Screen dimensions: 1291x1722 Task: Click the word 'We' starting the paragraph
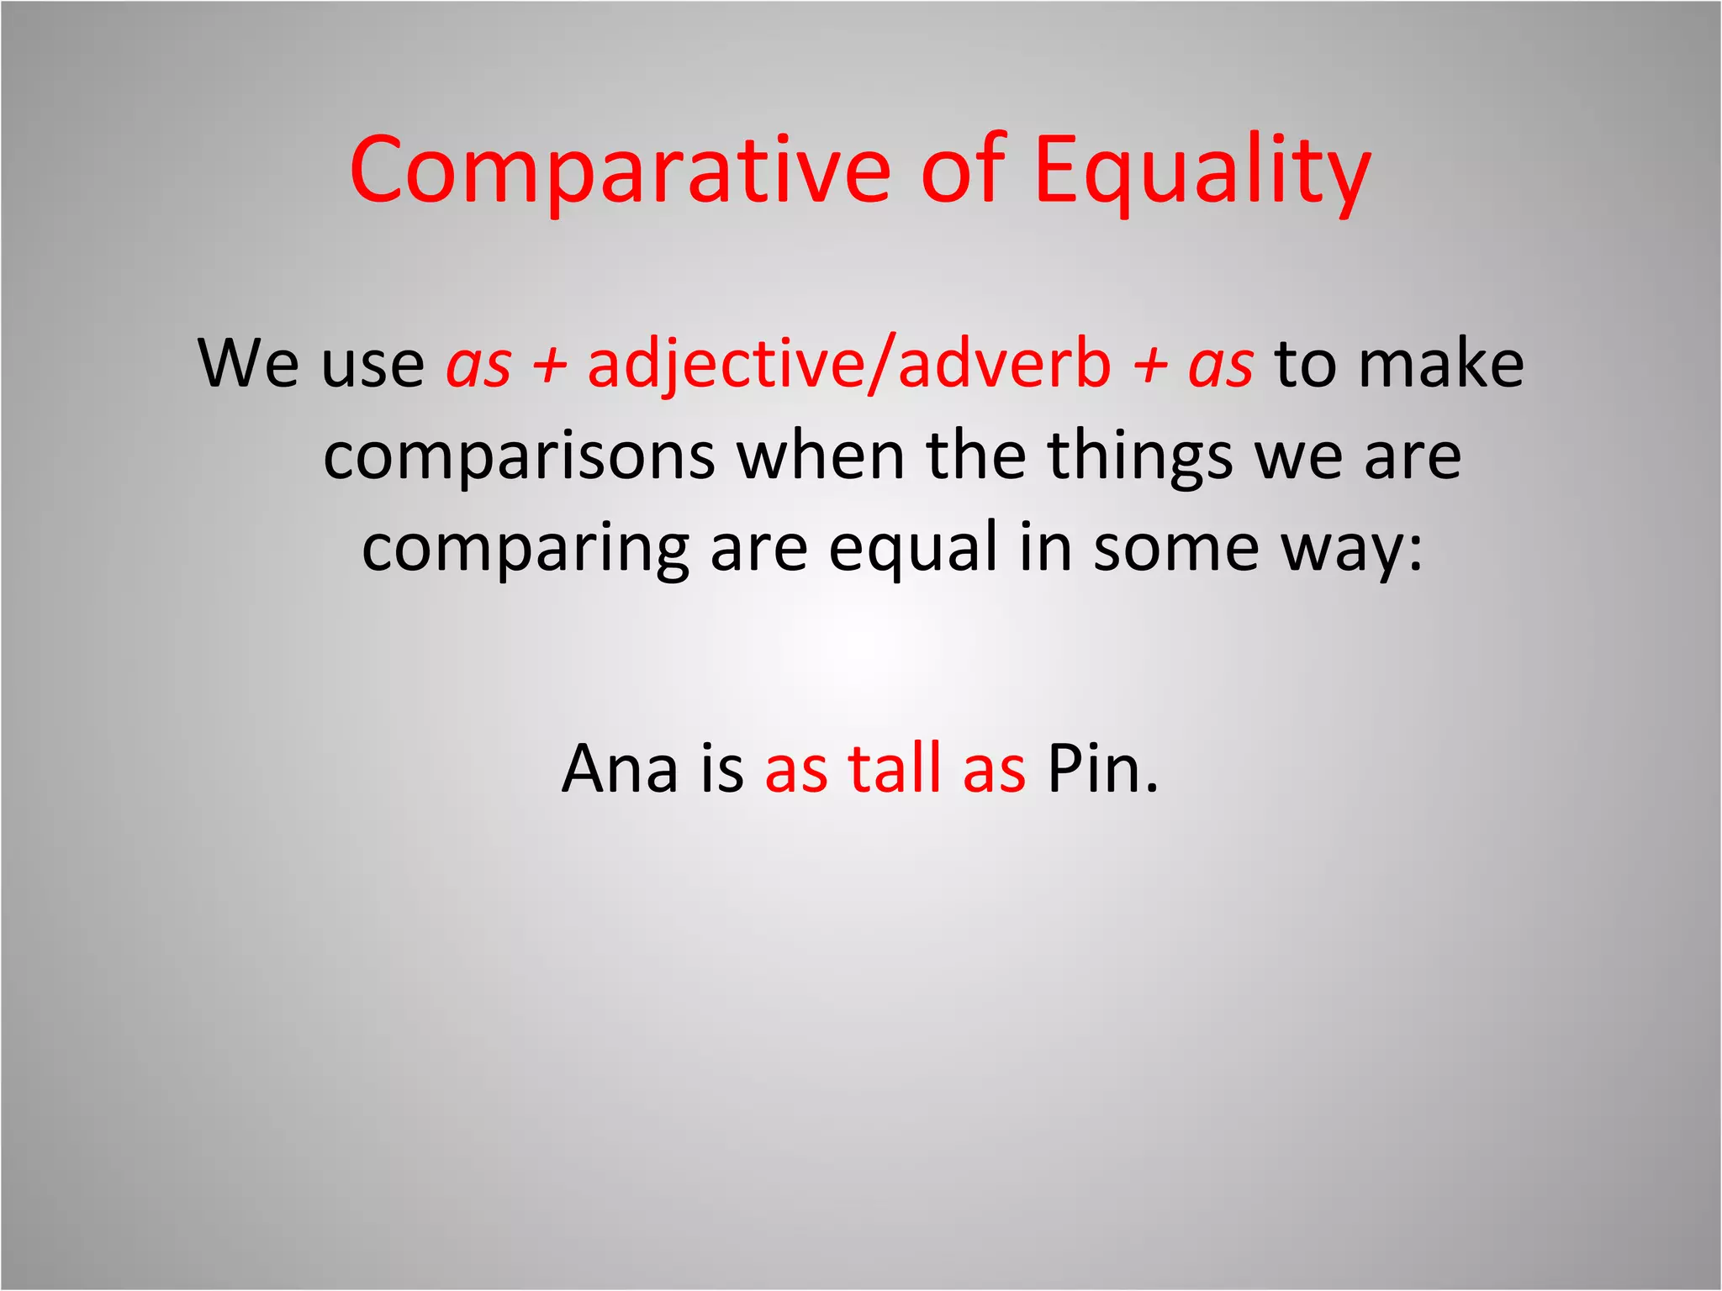click(248, 364)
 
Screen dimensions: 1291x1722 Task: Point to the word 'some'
click(1175, 548)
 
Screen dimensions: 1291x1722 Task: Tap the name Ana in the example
click(620, 769)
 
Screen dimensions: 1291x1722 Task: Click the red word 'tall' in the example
click(895, 769)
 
